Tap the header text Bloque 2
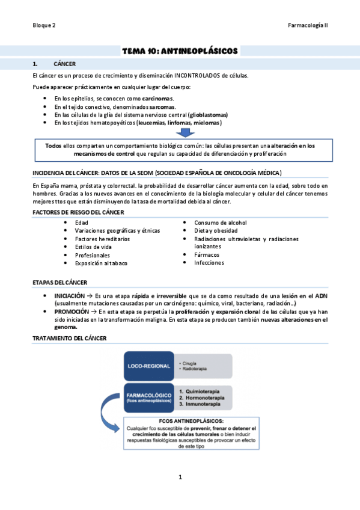(44, 25)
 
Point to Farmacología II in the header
(308, 25)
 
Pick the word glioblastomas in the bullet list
(207, 115)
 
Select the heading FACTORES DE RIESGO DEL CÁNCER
(78, 212)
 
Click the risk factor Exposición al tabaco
(101, 263)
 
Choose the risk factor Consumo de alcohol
(220, 223)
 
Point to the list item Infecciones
(209, 263)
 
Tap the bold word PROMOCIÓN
(70, 312)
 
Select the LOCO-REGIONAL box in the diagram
(148, 366)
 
